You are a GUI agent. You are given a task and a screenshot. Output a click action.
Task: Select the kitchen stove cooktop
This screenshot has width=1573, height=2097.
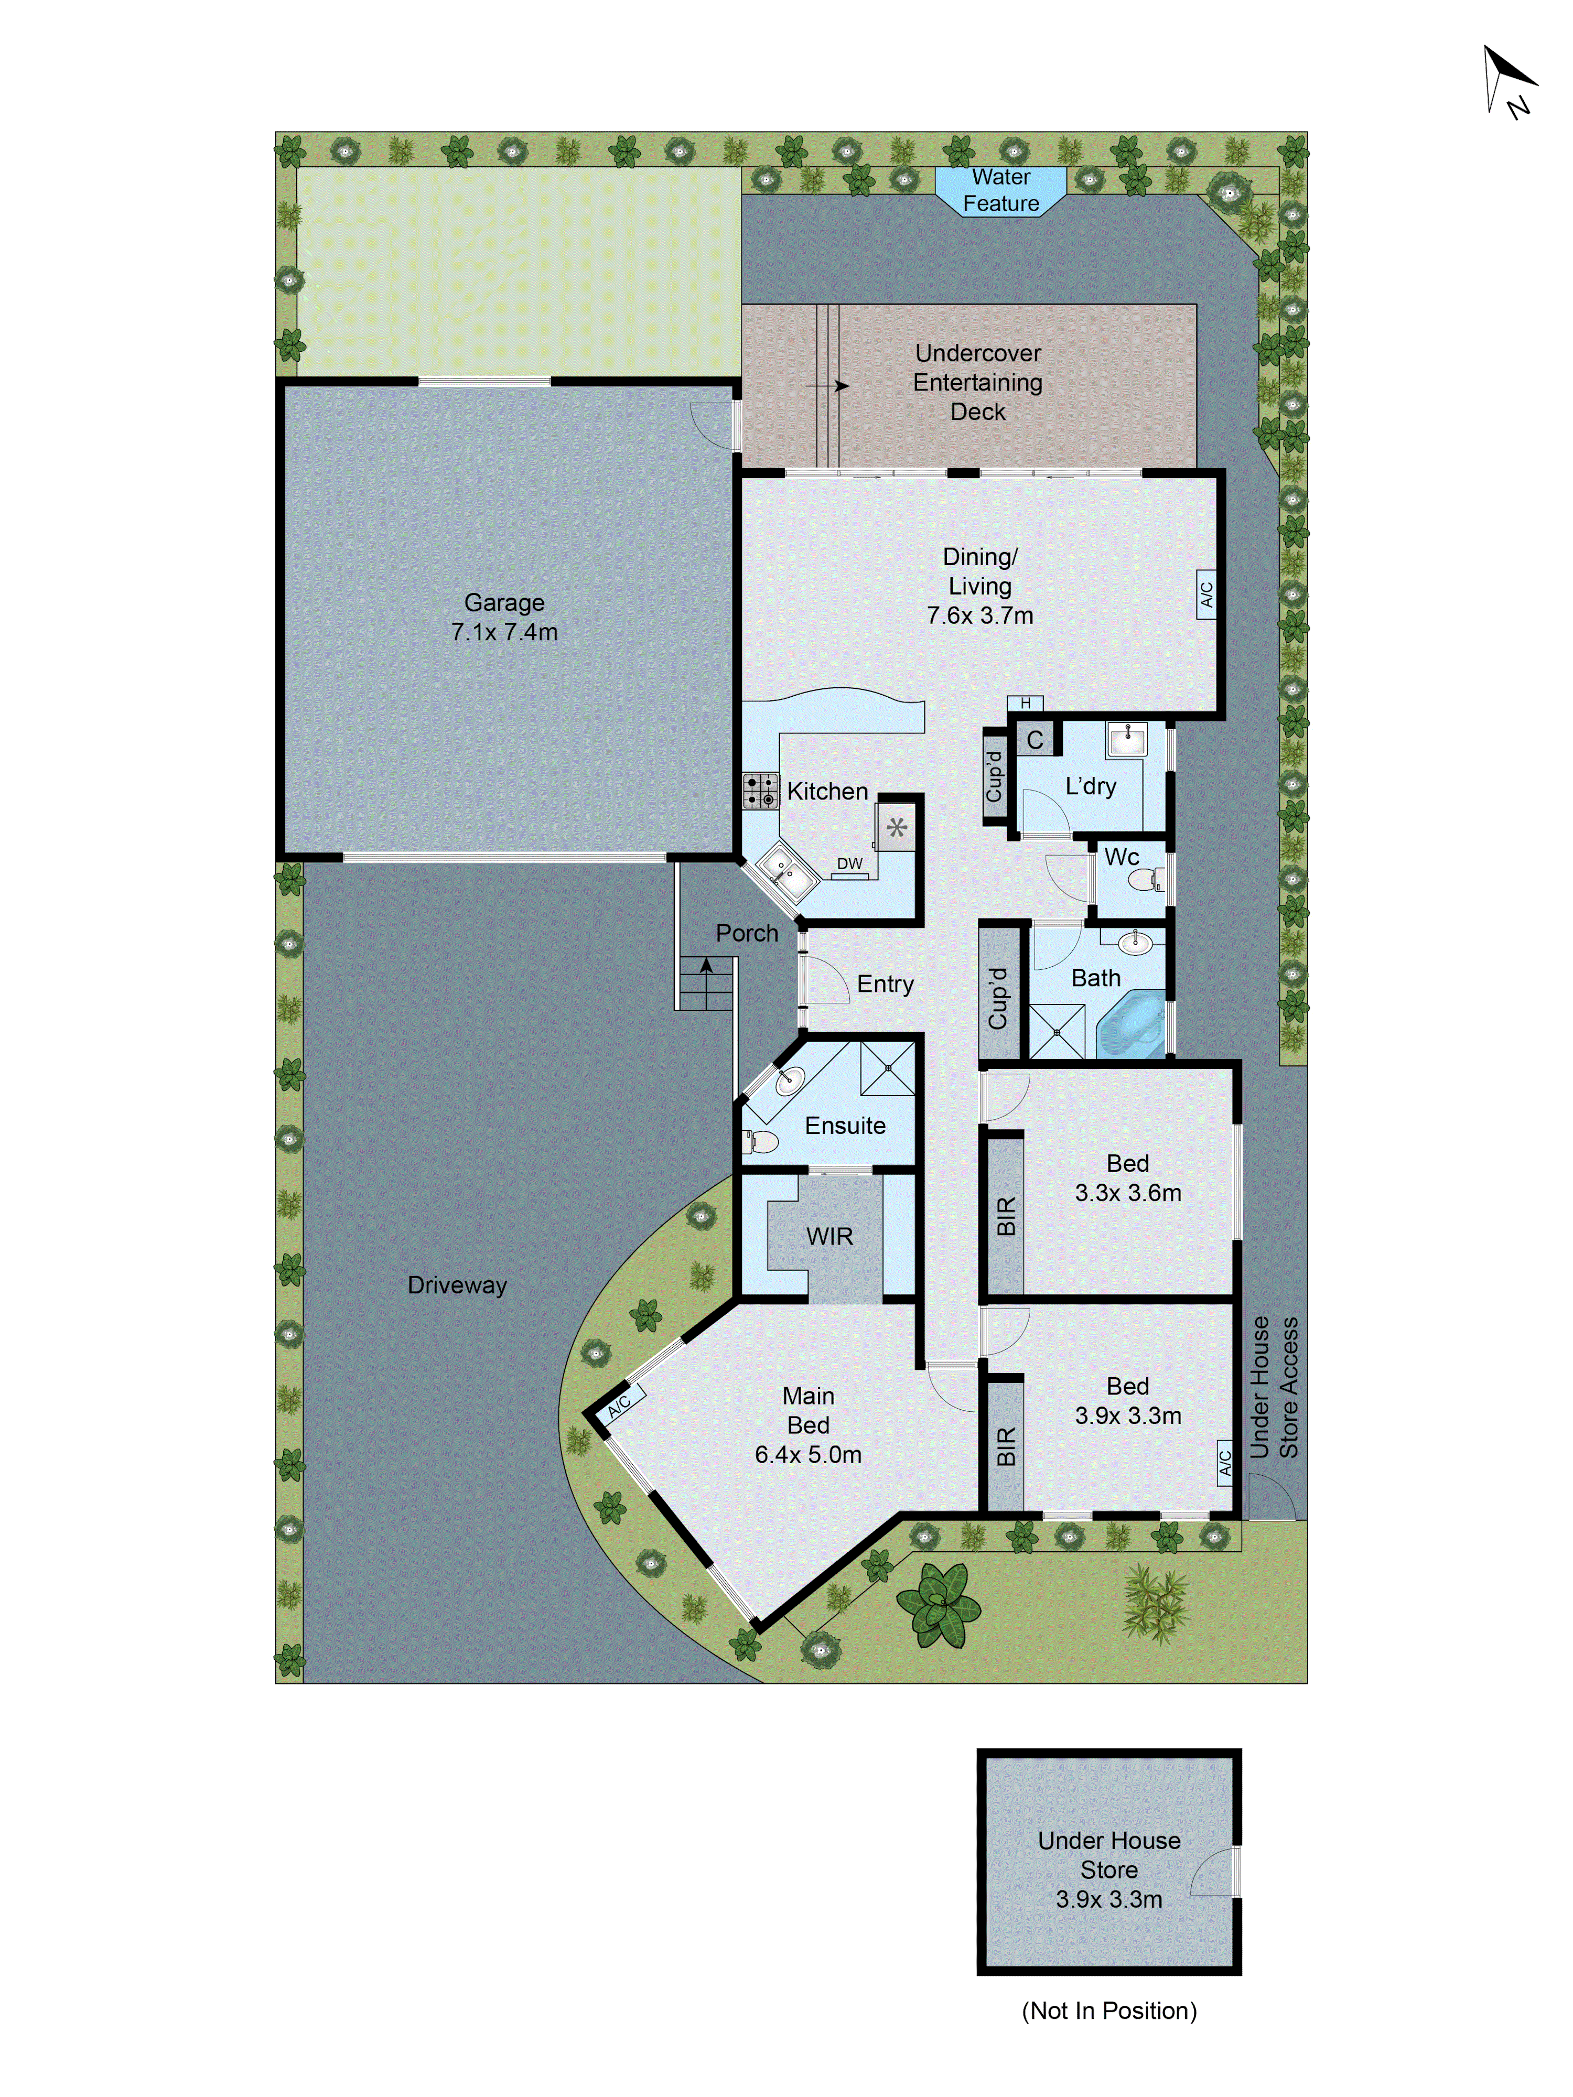(760, 791)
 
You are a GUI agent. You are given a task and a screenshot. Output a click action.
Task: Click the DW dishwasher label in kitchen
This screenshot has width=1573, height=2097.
(849, 863)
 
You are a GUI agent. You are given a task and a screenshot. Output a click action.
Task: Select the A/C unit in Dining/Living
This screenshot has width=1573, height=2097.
(1206, 594)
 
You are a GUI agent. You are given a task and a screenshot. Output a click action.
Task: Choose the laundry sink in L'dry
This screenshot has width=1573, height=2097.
(1127, 739)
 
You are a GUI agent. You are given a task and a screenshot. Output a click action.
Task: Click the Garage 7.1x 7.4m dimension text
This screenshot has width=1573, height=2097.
(504, 632)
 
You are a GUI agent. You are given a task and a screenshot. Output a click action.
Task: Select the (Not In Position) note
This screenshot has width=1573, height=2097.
(1108, 2010)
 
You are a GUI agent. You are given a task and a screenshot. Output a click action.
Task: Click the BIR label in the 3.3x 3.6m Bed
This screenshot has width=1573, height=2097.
(1006, 1216)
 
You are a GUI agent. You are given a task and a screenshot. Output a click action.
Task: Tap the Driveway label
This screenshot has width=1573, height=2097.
(457, 1285)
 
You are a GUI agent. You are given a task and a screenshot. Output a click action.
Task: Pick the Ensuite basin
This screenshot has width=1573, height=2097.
(790, 1080)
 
